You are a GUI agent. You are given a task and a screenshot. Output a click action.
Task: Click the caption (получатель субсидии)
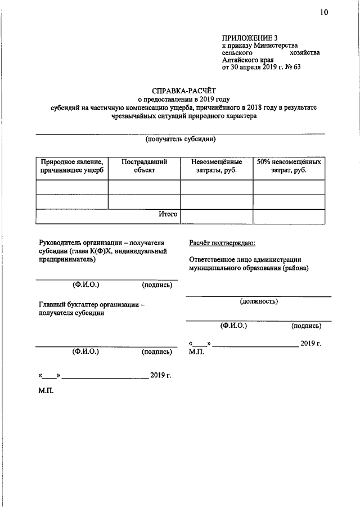click(x=181, y=139)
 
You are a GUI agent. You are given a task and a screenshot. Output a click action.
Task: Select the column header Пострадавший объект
click(x=144, y=166)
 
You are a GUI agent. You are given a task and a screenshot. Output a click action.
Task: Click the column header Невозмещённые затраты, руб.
click(x=217, y=166)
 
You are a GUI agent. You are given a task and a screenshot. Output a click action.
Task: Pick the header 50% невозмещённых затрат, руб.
click(x=289, y=166)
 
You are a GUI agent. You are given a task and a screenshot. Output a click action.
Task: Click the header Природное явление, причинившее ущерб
click(x=71, y=166)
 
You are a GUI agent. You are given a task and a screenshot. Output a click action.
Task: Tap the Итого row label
click(x=168, y=214)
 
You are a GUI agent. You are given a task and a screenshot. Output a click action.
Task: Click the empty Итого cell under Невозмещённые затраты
click(x=217, y=216)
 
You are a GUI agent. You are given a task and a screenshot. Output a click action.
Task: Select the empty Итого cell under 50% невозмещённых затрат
click(x=289, y=216)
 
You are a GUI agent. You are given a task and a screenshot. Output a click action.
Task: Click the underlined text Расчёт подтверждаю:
click(x=223, y=243)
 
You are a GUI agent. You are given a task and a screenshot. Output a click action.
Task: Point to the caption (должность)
click(x=258, y=301)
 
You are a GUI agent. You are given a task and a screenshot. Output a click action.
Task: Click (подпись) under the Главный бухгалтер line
click(x=157, y=352)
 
